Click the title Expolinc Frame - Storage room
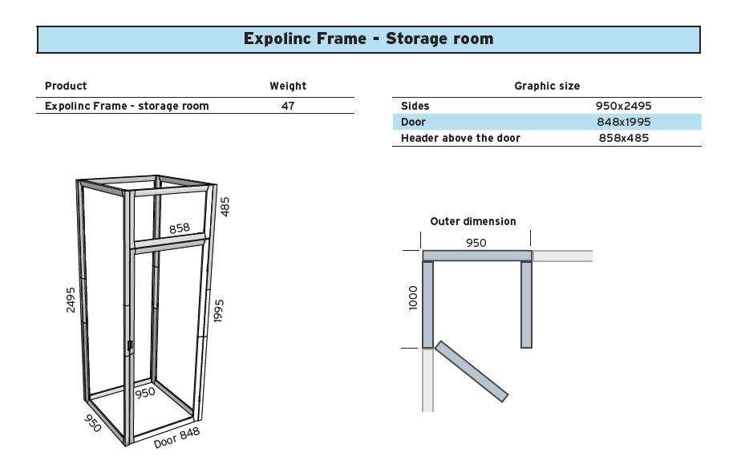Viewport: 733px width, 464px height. tap(368, 38)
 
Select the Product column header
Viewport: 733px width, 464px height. tap(66, 86)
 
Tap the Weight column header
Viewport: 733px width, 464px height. tap(288, 86)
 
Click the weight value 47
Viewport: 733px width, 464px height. tap(288, 106)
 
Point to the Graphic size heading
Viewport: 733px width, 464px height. tap(547, 86)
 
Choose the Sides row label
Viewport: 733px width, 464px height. tap(415, 106)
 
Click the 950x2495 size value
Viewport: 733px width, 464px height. tap(624, 106)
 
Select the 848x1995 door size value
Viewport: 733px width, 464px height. tap(624, 122)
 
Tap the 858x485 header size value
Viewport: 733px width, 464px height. tap(624, 138)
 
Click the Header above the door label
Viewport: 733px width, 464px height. tap(460, 138)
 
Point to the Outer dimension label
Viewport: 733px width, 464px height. tap(473, 221)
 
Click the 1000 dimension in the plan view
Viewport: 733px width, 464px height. tap(414, 299)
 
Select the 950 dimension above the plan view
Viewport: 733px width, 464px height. tap(476, 243)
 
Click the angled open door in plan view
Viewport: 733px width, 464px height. tap(472, 370)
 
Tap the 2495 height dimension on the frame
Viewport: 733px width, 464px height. tap(71, 299)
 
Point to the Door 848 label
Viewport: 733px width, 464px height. tap(176, 438)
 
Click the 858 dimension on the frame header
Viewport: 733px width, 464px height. tap(180, 228)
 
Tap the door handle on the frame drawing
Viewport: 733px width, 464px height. tap(130, 346)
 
